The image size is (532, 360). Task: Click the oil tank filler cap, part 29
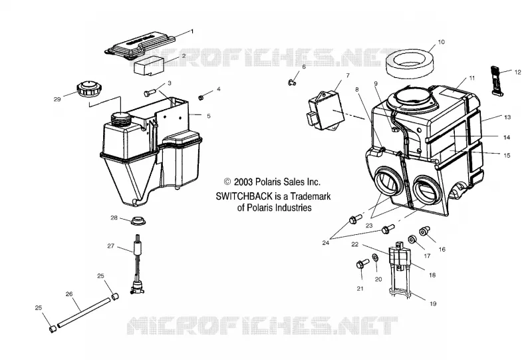pos(87,89)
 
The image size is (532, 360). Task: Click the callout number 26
pos(69,293)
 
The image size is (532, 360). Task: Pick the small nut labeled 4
pos(201,97)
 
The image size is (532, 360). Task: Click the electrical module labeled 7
pos(326,105)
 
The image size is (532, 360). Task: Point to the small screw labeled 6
pos(291,81)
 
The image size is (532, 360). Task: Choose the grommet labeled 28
pos(138,220)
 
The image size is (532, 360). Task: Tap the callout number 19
pos(433,303)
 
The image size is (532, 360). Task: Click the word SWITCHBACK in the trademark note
pos(244,196)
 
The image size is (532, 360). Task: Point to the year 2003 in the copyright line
pos(243,182)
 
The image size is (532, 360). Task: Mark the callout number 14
pos(507,138)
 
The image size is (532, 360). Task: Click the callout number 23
pos(369,226)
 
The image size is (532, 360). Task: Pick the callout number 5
pos(208,116)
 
